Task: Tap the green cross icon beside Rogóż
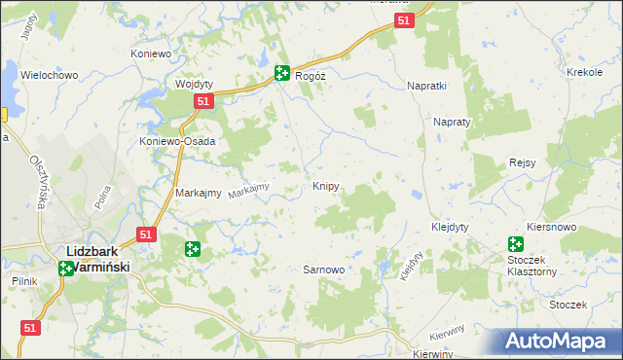(281, 72)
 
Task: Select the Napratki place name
(426, 86)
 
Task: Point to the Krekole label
(585, 73)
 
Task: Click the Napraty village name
(452, 123)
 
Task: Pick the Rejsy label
(522, 162)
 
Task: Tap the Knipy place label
(326, 186)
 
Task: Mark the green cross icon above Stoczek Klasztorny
(515, 245)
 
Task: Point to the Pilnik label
(23, 281)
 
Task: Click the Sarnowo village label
(324, 270)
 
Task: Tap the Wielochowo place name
(49, 75)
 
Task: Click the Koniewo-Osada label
(176, 141)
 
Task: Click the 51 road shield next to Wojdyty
(202, 101)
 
